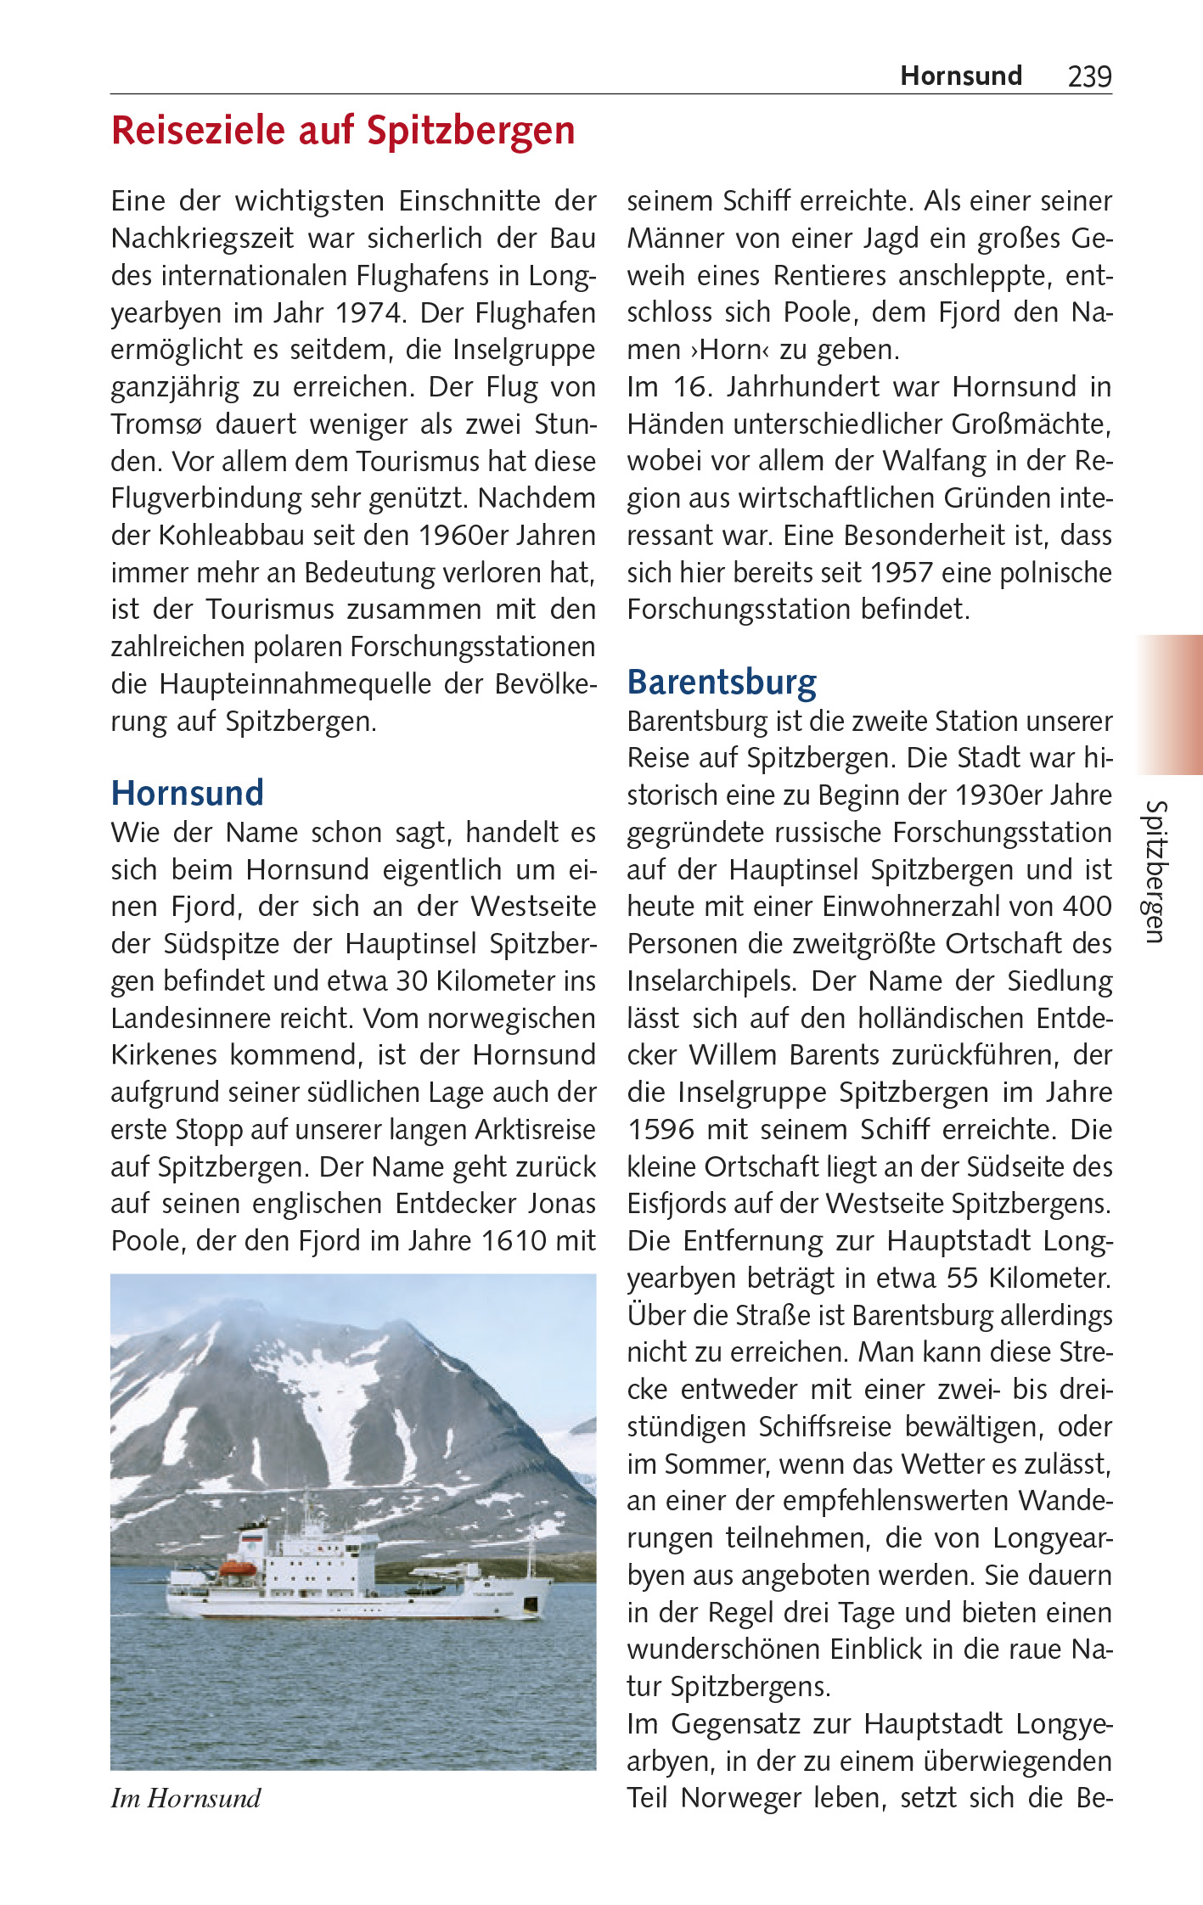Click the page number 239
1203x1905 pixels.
point(1089,76)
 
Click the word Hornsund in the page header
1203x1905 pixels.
point(960,76)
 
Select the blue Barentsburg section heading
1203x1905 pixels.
point(722,682)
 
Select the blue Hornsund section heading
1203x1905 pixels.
point(188,793)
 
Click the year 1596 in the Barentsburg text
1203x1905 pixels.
point(661,1129)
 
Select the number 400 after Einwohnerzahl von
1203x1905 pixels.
point(1088,907)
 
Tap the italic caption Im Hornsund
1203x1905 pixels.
point(186,1798)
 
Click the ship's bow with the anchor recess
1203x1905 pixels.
point(531,1601)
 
